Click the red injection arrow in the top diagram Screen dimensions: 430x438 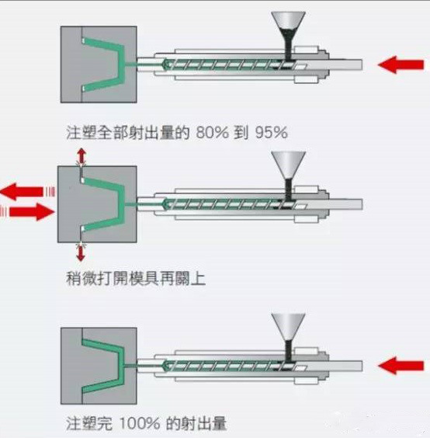point(401,64)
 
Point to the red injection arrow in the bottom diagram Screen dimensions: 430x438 point(401,366)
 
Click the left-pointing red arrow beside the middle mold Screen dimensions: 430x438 point(23,192)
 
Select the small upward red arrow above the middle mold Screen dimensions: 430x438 point(81,156)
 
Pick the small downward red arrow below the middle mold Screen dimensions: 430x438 point(81,252)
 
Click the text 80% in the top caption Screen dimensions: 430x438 point(212,132)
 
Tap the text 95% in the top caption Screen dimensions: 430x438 point(272,132)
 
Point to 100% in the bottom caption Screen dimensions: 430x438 point(140,423)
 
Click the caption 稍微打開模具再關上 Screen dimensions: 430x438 point(136,279)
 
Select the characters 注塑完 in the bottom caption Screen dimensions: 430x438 point(89,423)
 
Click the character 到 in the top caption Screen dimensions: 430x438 point(241,132)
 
